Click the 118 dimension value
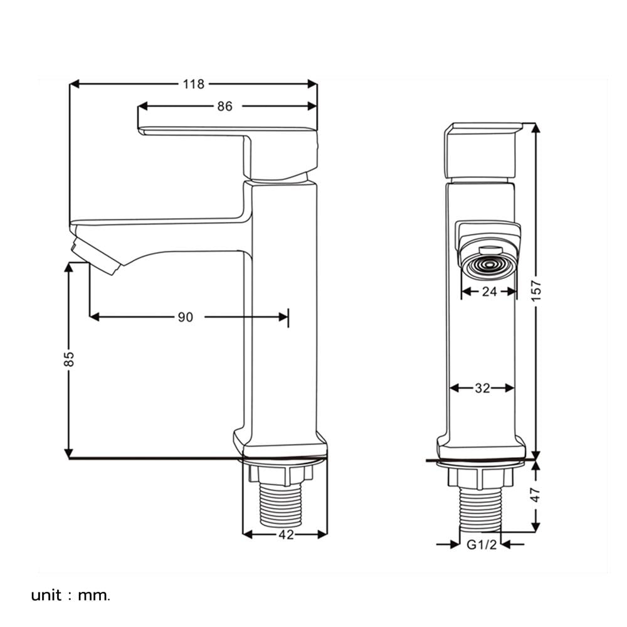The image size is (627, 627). [x=194, y=84]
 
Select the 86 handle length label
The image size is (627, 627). [x=224, y=107]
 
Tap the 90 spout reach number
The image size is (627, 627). [x=185, y=317]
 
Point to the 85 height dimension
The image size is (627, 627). [x=69, y=359]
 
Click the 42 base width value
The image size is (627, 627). [x=286, y=534]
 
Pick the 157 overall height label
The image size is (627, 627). [x=536, y=291]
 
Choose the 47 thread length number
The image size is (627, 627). [x=535, y=495]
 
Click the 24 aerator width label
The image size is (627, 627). [x=489, y=292]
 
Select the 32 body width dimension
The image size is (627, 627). [x=482, y=388]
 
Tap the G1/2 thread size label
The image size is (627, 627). [x=482, y=544]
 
